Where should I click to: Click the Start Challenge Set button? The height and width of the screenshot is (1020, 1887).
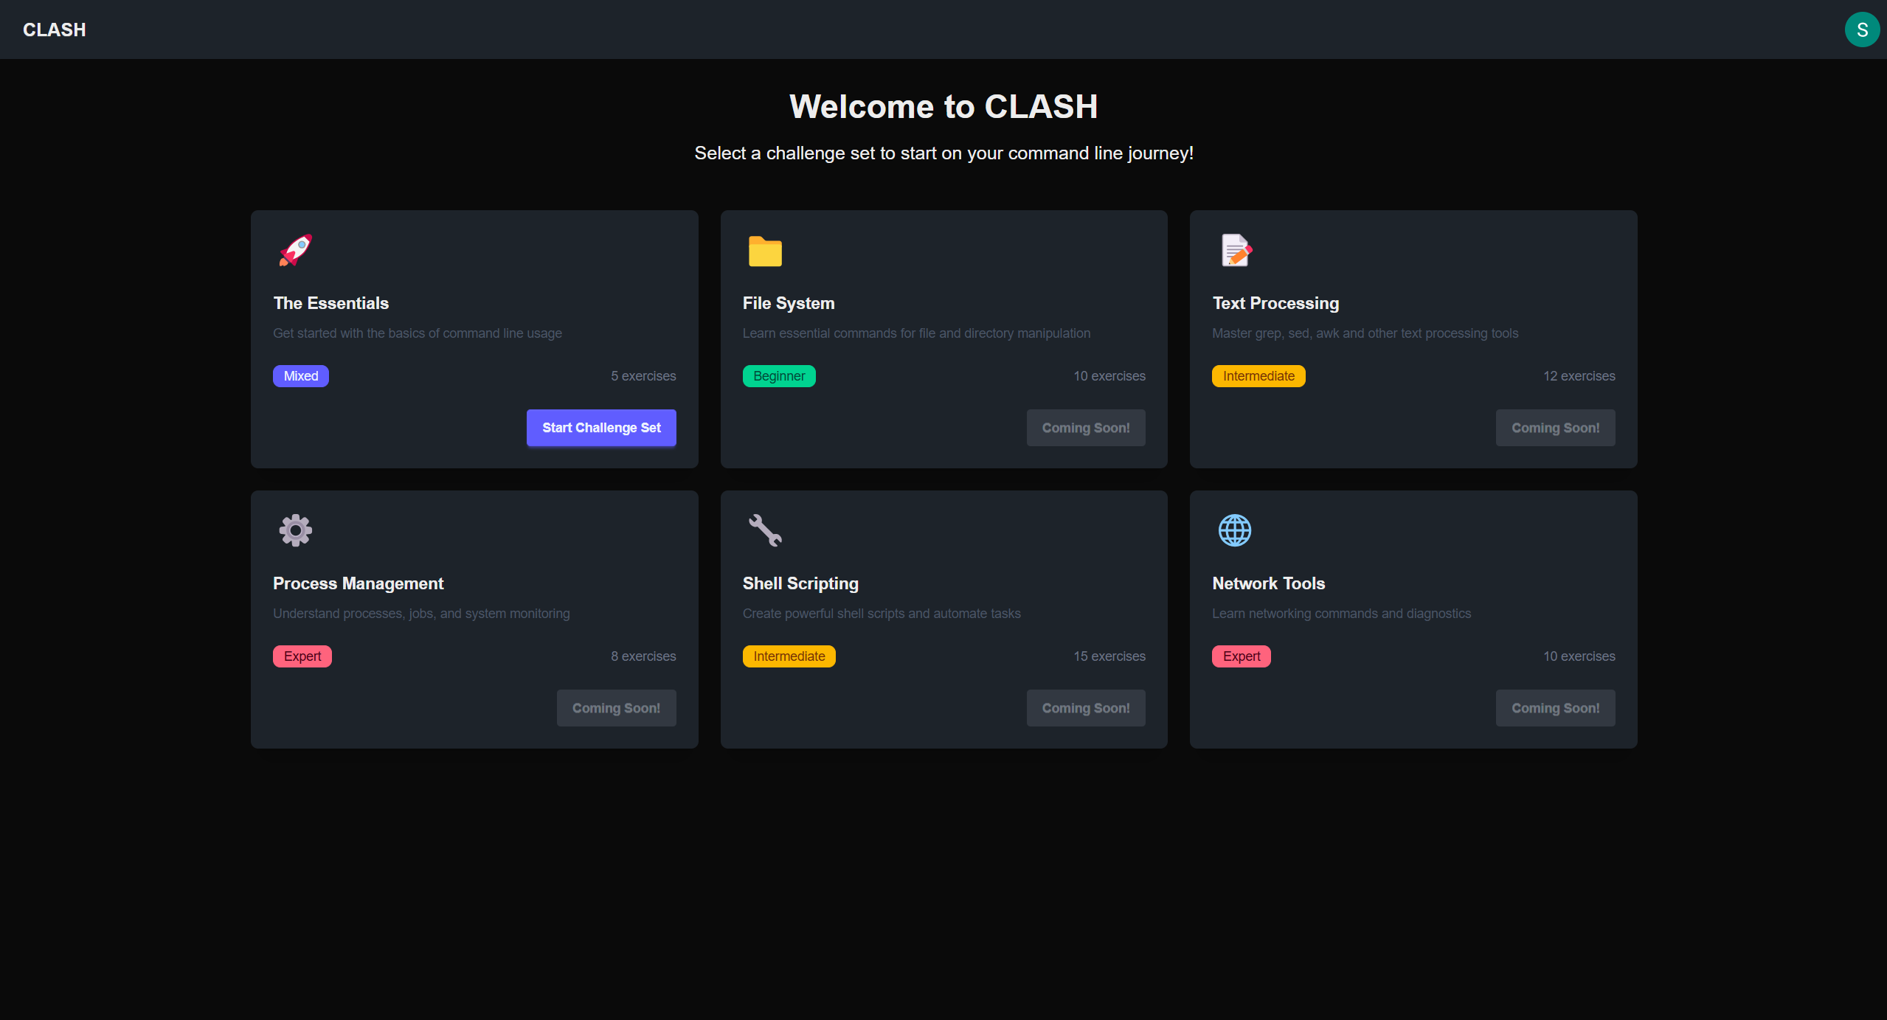[x=601, y=428]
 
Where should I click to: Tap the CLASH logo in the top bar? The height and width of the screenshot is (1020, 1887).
[x=55, y=30]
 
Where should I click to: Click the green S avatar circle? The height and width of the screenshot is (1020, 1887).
[x=1861, y=30]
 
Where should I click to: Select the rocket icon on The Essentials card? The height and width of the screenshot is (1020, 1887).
[x=296, y=250]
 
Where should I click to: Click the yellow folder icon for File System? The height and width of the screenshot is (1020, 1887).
[x=765, y=251]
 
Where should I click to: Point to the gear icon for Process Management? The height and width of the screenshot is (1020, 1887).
[x=296, y=530]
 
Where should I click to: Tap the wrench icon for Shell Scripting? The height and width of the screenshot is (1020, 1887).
[x=765, y=530]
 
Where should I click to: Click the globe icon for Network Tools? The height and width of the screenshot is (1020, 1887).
[x=1234, y=530]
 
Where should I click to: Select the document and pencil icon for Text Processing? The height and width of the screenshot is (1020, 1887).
[x=1236, y=250]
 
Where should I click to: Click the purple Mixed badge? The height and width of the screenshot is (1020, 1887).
[x=301, y=376]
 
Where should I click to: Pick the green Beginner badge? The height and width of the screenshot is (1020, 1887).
[x=779, y=376]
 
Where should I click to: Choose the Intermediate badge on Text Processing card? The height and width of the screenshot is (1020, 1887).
[x=1258, y=376]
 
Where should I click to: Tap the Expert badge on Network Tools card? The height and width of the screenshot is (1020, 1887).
[x=1242, y=656]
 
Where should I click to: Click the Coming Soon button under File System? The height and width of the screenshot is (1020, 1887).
[x=1086, y=428]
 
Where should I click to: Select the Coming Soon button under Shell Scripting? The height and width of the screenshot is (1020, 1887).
[x=1086, y=708]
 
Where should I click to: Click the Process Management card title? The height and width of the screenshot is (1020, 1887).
[x=359, y=583]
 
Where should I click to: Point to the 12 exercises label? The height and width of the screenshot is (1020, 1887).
[x=1579, y=376]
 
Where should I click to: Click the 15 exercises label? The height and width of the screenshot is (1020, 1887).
[x=1109, y=656]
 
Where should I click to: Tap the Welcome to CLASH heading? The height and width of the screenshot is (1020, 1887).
[x=943, y=107]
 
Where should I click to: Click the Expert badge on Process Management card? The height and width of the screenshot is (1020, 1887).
[x=302, y=656]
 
